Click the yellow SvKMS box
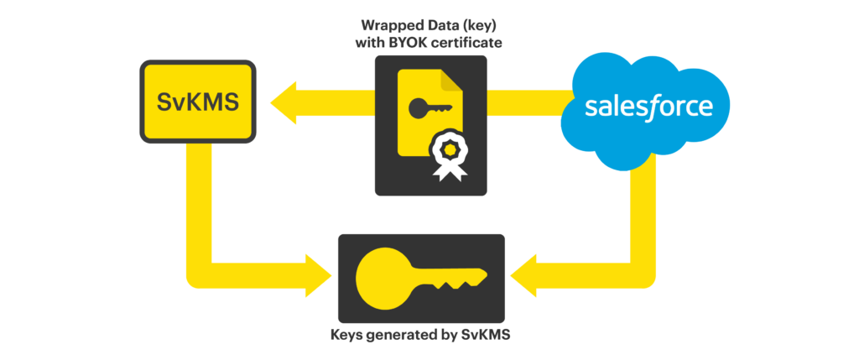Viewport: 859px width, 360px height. click(197, 102)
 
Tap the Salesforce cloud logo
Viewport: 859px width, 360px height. click(648, 106)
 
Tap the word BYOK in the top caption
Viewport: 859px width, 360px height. click(423, 43)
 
